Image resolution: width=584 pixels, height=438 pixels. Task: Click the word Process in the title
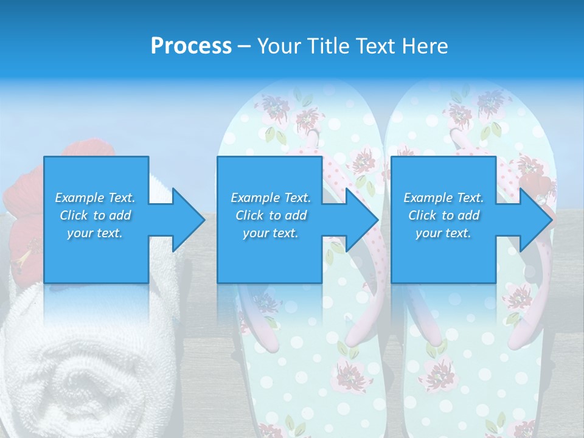coord(191,46)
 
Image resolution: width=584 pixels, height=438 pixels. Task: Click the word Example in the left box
coord(80,198)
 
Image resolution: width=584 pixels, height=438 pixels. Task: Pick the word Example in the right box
coord(428,198)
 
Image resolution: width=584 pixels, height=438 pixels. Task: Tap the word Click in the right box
coord(422,215)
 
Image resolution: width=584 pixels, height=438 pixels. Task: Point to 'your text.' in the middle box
coord(270,233)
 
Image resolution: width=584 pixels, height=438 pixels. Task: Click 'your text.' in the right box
coord(443,233)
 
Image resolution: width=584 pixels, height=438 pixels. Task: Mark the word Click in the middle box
coord(249,215)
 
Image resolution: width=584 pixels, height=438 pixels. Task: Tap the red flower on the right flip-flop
coord(541,182)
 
